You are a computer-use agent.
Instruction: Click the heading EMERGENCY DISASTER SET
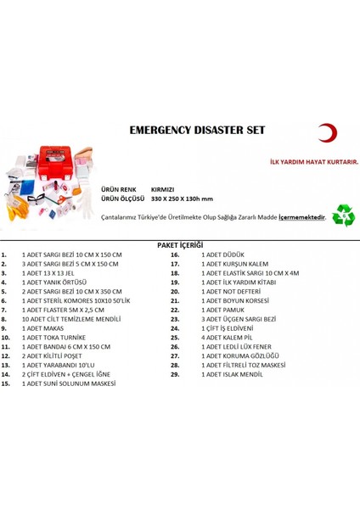[x=199, y=132]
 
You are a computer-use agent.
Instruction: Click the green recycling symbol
[x=344, y=215]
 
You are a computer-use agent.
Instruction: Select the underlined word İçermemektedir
[x=304, y=217]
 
